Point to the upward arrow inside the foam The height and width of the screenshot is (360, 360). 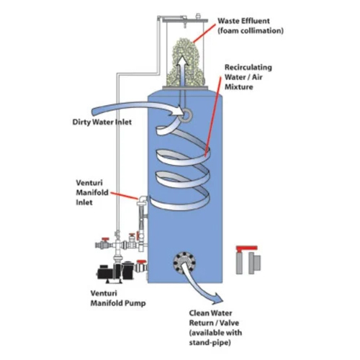pos(181,68)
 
